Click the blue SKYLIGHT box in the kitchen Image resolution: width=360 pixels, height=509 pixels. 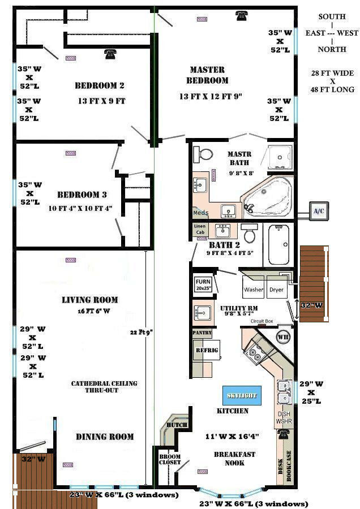(x=242, y=395)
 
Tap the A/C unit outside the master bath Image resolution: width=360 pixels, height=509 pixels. (x=319, y=210)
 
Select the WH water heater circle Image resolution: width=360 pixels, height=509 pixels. (x=283, y=337)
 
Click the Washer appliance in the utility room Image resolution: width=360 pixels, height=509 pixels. (x=253, y=289)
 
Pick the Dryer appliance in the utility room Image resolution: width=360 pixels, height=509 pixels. (x=276, y=289)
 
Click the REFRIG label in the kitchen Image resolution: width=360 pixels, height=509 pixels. (x=203, y=350)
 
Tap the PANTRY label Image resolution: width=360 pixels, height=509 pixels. (x=202, y=333)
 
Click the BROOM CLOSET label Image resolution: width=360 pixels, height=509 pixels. (x=170, y=459)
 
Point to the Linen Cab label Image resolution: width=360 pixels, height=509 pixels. (x=200, y=229)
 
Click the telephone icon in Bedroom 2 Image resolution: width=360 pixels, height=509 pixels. (x=110, y=54)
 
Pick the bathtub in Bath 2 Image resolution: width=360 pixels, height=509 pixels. (x=279, y=244)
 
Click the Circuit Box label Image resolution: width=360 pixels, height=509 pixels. (x=262, y=321)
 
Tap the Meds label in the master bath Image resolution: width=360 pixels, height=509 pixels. (x=200, y=213)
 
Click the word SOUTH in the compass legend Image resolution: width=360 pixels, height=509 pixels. (x=332, y=16)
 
